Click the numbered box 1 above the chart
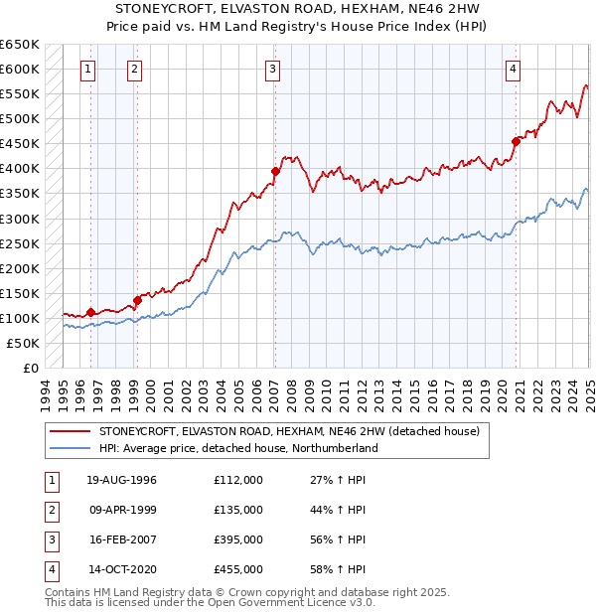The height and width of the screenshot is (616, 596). (89, 69)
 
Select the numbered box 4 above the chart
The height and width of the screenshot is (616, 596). (514, 69)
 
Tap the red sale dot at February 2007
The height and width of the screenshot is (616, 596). (276, 171)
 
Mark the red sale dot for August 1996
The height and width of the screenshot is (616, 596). (90, 312)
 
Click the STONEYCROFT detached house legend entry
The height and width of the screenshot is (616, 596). (289, 431)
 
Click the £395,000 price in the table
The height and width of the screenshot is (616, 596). (238, 539)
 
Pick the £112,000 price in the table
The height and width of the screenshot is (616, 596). (238, 480)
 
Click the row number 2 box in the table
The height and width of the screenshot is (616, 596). (51, 510)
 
